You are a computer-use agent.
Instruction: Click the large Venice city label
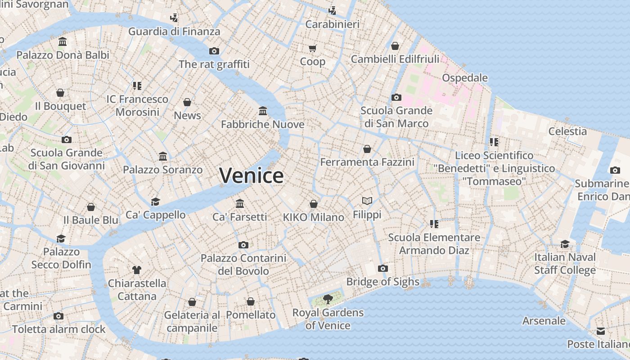point(252,175)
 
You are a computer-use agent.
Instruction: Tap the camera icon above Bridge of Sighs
point(383,269)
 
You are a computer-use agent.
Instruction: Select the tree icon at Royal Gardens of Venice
point(328,299)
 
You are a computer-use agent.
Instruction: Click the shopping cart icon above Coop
point(312,48)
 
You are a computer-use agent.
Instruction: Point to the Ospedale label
point(465,78)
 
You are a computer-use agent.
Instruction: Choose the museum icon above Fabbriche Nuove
point(263,111)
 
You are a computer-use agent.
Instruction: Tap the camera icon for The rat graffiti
point(214,51)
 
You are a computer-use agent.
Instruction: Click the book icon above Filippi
point(367,201)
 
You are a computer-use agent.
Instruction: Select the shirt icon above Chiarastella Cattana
point(137,270)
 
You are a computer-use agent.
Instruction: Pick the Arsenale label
point(544,321)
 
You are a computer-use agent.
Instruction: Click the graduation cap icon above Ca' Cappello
point(155,202)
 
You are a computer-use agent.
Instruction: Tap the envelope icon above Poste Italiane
point(601,331)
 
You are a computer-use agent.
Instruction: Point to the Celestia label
point(567,131)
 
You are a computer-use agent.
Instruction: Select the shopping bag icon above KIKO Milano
point(314,204)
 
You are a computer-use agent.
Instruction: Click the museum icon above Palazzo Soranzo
point(163,157)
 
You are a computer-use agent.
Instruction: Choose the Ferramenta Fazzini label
point(367,162)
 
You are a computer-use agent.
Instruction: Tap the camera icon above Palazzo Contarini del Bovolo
point(243,245)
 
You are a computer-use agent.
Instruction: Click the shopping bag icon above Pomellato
point(251,301)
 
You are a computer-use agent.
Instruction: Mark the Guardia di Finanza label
point(174,31)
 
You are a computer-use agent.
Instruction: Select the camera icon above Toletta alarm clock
point(58,316)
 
